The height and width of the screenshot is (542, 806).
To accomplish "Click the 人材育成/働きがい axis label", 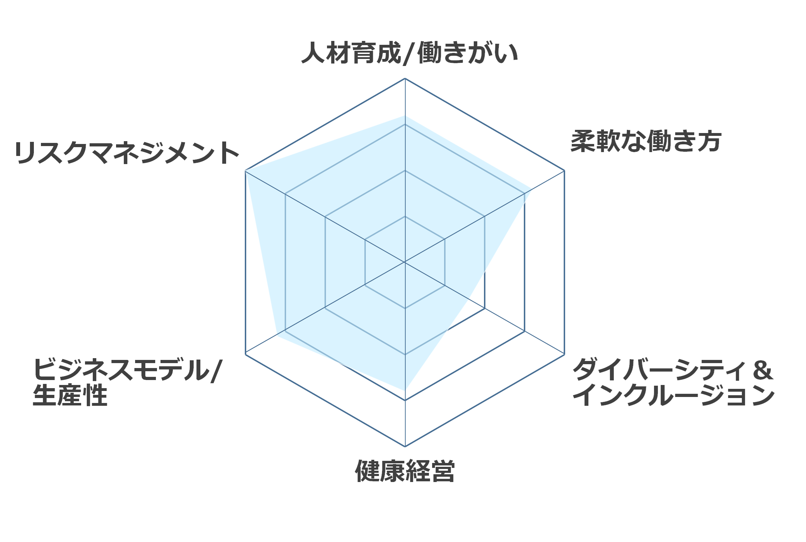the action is tap(410, 53).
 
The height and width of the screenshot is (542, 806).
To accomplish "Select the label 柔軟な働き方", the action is tap(646, 141).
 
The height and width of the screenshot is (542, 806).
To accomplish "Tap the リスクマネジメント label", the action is tap(127, 152).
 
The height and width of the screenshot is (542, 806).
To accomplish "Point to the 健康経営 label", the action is tap(405, 471).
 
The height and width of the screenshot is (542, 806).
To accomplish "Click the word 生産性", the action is tap(70, 395).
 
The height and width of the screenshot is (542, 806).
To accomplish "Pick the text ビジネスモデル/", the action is tap(127, 369).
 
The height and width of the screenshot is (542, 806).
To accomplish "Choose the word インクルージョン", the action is tap(673, 395).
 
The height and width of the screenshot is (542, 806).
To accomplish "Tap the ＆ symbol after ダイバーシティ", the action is tap(763, 370).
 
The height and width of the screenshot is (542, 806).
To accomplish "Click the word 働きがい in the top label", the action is tap(468, 53).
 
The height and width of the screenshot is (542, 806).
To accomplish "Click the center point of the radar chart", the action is tap(405, 262).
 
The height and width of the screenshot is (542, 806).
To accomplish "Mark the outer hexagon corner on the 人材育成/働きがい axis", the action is tap(405, 78).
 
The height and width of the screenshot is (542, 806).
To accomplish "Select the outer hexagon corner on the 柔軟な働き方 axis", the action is tap(564, 171).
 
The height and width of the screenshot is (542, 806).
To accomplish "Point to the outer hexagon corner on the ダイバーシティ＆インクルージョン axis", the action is tap(564, 354).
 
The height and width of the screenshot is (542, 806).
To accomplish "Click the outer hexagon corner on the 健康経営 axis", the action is tap(405, 446).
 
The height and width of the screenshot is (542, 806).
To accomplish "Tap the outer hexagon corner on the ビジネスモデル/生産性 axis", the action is tap(246, 354).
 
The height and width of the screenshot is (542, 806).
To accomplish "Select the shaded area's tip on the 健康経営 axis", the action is tap(405, 390).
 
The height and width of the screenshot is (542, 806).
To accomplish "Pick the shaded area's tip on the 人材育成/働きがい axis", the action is tap(405, 116).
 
